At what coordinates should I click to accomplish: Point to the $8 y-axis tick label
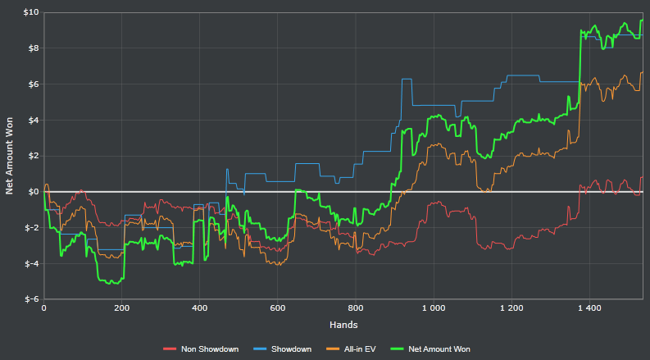[x=32, y=48]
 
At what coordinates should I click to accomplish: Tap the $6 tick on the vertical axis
[x=32, y=84]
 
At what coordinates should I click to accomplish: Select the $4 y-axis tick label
[x=32, y=121]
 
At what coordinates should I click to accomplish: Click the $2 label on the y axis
[x=32, y=156]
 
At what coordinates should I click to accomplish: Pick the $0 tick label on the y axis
[x=32, y=192]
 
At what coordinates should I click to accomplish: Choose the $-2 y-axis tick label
[x=30, y=228]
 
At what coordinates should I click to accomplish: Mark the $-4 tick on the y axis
[x=30, y=264]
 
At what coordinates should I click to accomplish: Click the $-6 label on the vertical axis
[x=30, y=299]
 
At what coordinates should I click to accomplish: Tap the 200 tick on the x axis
[x=121, y=308]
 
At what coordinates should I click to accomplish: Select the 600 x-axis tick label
[x=277, y=308]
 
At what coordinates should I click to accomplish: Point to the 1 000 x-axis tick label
[x=434, y=308]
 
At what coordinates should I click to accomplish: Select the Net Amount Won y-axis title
[x=10, y=156]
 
